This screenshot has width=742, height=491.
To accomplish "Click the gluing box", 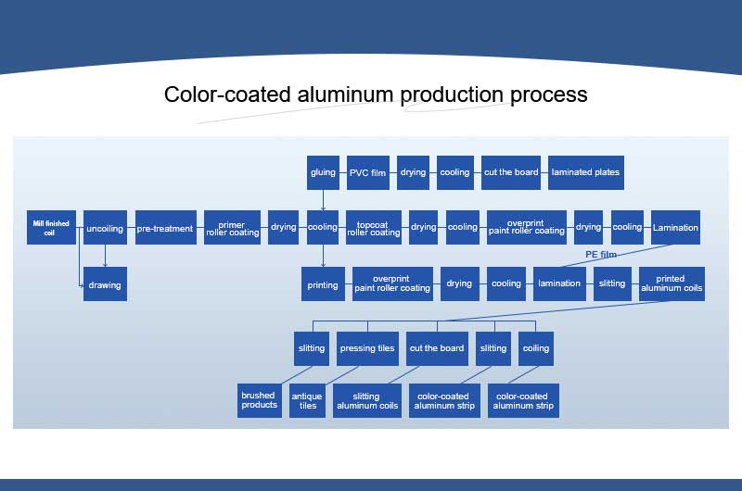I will [x=323, y=172].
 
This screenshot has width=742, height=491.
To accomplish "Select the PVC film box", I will [x=367, y=172].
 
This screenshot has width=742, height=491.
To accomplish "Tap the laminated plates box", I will [x=584, y=172].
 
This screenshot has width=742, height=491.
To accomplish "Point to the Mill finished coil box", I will [x=50, y=228].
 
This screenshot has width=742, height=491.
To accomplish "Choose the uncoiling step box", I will [x=105, y=228].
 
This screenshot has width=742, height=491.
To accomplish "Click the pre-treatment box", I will [x=165, y=228].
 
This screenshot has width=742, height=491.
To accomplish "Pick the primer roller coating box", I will [x=232, y=228].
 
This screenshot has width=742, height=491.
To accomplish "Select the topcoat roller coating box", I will [x=373, y=228].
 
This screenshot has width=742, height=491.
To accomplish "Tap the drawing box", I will [x=105, y=284].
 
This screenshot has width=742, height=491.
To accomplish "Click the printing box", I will [x=323, y=284].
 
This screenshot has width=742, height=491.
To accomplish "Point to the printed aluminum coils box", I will [x=672, y=284].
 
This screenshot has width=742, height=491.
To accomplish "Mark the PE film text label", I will [x=601, y=254].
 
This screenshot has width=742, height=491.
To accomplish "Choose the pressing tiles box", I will [x=367, y=348].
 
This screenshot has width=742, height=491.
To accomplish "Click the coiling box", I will [x=536, y=348].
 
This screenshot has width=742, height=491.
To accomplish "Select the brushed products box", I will [x=259, y=400].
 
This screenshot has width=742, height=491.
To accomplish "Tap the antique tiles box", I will [x=308, y=400].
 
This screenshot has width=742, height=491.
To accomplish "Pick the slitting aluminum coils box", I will [x=366, y=400].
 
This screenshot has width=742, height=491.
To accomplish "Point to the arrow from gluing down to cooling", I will [x=323, y=200].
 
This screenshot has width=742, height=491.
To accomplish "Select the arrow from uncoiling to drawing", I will [x=105, y=256].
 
